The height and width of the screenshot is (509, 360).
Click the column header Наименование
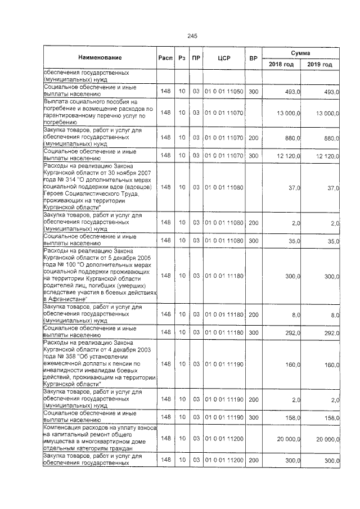[100, 58]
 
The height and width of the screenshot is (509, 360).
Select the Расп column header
[165, 58]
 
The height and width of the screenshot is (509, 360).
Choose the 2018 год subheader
[281, 65]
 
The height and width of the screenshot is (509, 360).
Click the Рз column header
[182, 58]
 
